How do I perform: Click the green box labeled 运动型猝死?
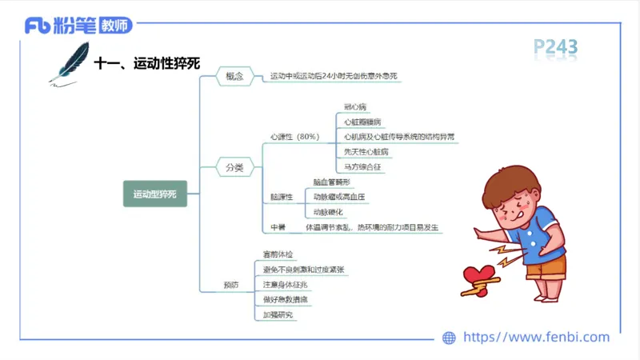click(x=155, y=194)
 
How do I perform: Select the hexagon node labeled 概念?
click(x=234, y=77)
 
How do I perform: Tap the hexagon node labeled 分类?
click(x=234, y=168)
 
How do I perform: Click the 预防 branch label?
click(x=230, y=285)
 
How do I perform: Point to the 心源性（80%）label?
click(x=294, y=137)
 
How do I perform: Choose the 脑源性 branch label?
click(x=282, y=197)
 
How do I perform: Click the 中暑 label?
click(x=278, y=227)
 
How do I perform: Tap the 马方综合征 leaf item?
click(x=359, y=167)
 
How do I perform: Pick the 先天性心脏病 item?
click(x=366, y=152)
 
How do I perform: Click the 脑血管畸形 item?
click(x=331, y=182)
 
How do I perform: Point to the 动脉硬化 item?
click(x=327, y=212)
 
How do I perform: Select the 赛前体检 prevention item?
click(x=278, y=254)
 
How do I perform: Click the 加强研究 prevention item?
click(x=278, y=314)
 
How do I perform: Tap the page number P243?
click(x=555, y=50)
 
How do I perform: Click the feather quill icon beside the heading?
click(x=69, y=62)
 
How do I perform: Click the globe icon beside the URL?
click(x=450, y=338)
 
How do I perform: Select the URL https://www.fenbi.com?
click(x=536, y=338)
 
